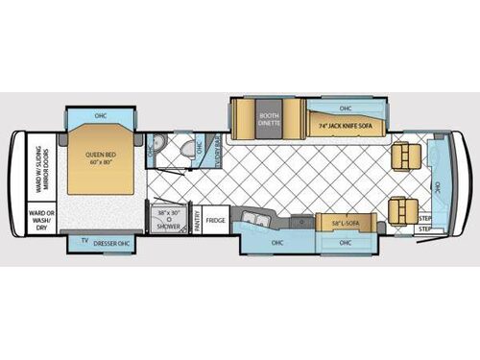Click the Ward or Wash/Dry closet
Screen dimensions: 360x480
click(x=39, y=219)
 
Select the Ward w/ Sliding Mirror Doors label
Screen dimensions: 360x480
click(x=39, y=168)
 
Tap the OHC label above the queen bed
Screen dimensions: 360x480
click(x=100, y=116)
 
